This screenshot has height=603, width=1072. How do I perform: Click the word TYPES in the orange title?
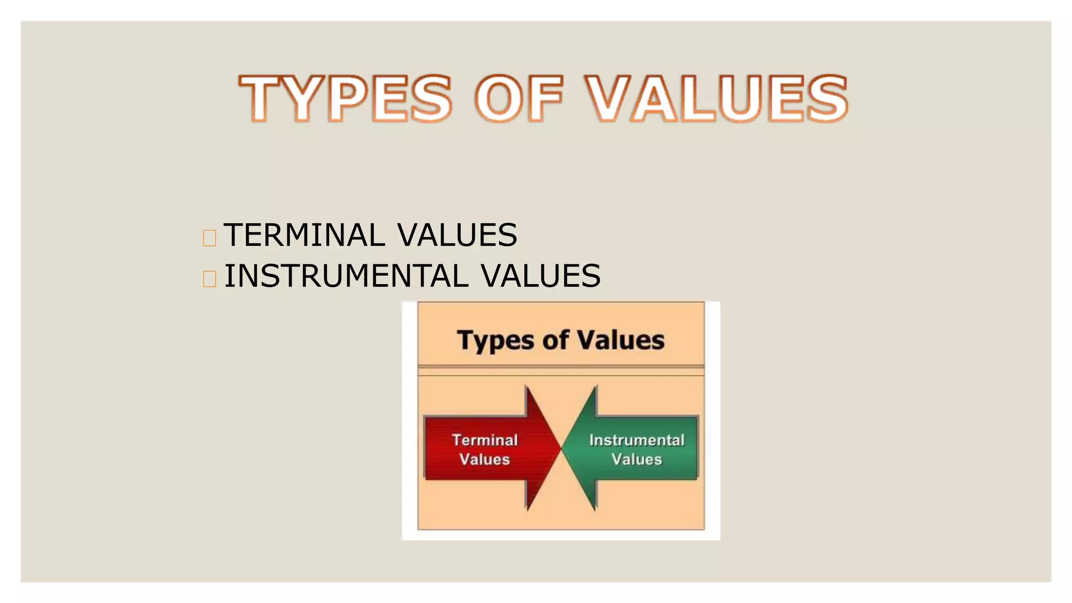345,98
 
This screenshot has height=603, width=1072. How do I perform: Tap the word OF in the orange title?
519,98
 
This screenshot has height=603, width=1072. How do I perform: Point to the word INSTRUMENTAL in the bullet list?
346,276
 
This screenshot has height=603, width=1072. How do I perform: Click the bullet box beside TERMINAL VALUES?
209,238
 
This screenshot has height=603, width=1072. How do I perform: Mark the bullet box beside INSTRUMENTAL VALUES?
209,279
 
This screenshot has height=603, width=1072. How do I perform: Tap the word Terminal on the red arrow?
485,440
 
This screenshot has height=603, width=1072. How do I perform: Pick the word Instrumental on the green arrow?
636,440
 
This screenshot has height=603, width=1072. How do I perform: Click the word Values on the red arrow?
485,460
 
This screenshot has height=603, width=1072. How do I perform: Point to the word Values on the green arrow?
636,460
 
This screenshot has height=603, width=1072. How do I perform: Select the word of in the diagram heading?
555,340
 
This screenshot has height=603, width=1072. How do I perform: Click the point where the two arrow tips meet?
561,448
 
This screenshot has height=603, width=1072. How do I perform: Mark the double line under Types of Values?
561,371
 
